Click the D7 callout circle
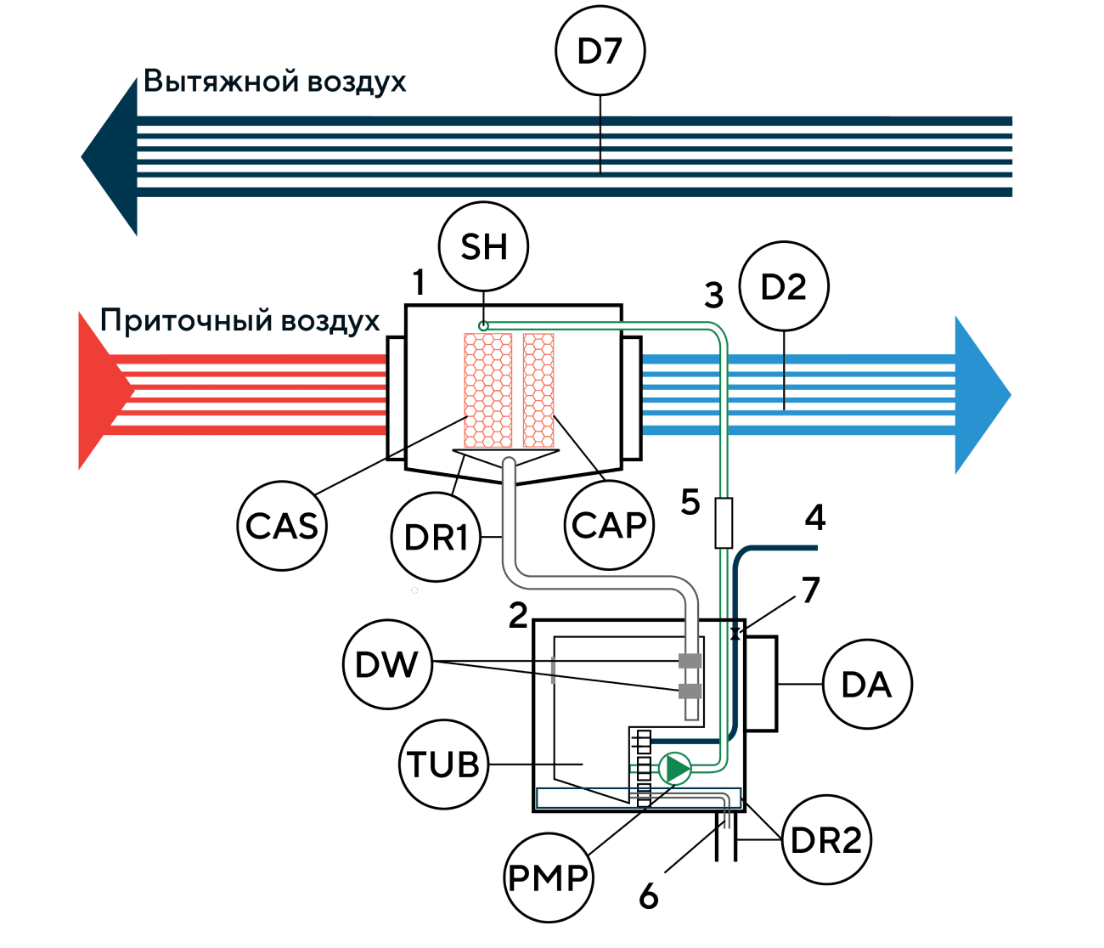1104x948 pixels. coord(600,51)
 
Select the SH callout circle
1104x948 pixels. coord(484,247)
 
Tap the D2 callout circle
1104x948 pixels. coord(783,287)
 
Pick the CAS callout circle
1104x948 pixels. coord(281,526)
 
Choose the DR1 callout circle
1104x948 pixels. coord(436,538)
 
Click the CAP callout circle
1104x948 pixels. coord(609,526)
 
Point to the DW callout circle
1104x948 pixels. coord(387,664)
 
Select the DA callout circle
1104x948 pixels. coord(866,685)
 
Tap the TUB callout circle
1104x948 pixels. coord(442,765)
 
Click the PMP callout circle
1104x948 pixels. coord(548,877)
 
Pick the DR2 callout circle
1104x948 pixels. coord(826,840)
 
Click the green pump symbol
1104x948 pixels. coord(675,769)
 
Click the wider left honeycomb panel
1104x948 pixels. coord(487,390)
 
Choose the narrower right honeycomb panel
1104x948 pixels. coord(538,390)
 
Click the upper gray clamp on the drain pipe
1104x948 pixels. coord(690,661)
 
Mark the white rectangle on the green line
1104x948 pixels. coord(724,523)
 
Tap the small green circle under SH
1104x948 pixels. coord(483,325)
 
